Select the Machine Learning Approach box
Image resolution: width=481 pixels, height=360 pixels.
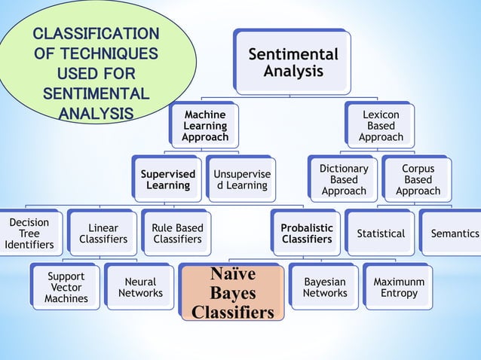click(205, 126)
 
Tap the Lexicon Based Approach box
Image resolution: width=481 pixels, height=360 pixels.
click(381, 126)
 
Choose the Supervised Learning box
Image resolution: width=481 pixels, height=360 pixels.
click(168, 179)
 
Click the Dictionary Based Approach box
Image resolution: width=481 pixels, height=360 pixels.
click(344, 180)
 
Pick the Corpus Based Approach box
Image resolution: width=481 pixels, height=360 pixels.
click(418, 180)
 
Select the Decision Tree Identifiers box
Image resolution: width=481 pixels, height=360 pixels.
click(29, 233)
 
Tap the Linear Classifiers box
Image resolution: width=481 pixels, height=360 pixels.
click(103, 233)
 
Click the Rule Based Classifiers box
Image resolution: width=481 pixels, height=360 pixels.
click(177, 233)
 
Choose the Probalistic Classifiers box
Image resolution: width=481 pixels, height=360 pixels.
click(307, 233)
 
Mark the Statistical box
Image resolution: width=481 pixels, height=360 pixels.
click(381, 233)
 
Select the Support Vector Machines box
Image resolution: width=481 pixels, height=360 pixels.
click(66, 288)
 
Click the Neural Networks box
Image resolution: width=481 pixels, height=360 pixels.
click(140, 288)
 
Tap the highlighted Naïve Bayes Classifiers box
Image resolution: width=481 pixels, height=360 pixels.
click(232, 292)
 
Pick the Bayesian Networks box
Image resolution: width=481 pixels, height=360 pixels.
click(325, 288)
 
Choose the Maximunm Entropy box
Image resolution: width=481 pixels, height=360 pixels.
click(399, 288)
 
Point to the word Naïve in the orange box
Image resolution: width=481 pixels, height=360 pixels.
click(232, 273)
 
